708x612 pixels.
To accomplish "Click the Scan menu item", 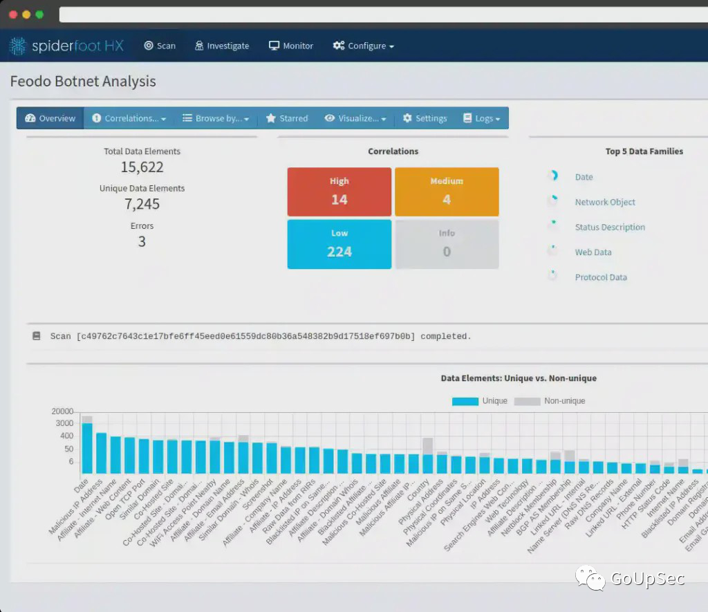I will pyautogui.click(x=160, y=46).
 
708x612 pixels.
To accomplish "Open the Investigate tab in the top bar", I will pyautogui.click(x=221, y=46).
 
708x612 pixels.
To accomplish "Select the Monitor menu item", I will pyautogui.click(x=291, y=46).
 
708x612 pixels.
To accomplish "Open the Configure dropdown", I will pyautogui.click(x=363, y=46).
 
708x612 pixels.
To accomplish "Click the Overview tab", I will pyautogui.click(x=50, y=118).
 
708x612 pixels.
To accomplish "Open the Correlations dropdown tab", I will pyautogui.click(x=129, y=118).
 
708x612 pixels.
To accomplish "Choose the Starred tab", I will pyautogui.click(x=287, y=118).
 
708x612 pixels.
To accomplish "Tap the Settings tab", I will pyautogui.click(x=425, y=118).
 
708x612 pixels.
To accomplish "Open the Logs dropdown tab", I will pyautogui.click(x=482, y=118).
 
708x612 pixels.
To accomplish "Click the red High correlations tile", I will pyautogui.click(x=339, y=192).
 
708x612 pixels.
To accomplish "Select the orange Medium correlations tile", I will pyautogui.click(x=447, y=192).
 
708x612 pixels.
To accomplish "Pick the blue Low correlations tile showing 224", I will pyautogui.click(x=339, y=243).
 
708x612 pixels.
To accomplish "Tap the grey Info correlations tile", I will pyautogui.click(x=447, y=243).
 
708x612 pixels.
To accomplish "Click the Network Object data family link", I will pyautogui.click(x=605, y=202).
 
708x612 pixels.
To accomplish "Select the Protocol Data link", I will pyautogui.click(x=601, y=277).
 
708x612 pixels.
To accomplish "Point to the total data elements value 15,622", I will pyautogui.click(x=142, y=167).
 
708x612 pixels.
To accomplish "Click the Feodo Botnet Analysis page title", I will pyautogui.click(x=83, y=82).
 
